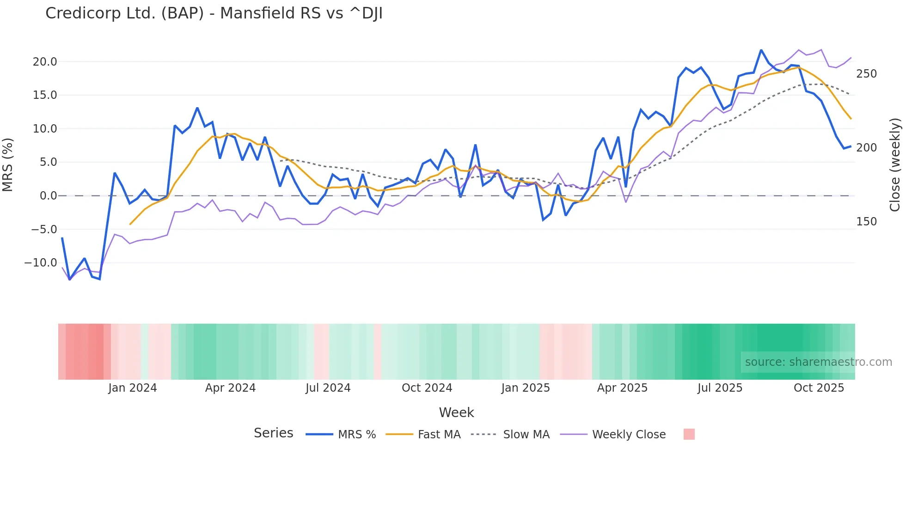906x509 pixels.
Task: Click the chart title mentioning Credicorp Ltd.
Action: pos(214,13)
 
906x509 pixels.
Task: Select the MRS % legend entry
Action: pos(356,435)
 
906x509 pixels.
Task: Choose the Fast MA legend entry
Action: pos(439,435)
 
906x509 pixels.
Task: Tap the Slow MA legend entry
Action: pos(526,435)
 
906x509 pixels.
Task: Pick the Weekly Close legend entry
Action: pos(629,435)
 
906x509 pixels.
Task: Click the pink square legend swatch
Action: pos(689,434)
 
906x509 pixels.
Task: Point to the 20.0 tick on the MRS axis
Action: pos(45,62)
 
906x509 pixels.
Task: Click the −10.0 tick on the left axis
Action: pos(41,263)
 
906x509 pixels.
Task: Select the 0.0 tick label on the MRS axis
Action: pos(48,196)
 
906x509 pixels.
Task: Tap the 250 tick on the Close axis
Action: pos(866,74)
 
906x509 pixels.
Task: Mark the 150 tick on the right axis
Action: pos(866,222)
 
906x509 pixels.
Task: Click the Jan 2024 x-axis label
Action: pos(133,388)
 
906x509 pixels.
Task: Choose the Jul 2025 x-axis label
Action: pos(720,388)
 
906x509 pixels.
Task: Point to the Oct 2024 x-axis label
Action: pos(427,388)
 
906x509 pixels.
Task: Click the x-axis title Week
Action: pos(456,412)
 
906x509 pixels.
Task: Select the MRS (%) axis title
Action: pos(8,164)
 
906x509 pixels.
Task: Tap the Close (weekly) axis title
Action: pos(895,164)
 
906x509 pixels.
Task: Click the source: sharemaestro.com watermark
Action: pos(818,362)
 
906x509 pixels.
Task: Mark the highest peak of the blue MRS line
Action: pos(761,50)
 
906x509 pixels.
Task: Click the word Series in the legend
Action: pos(273,433)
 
